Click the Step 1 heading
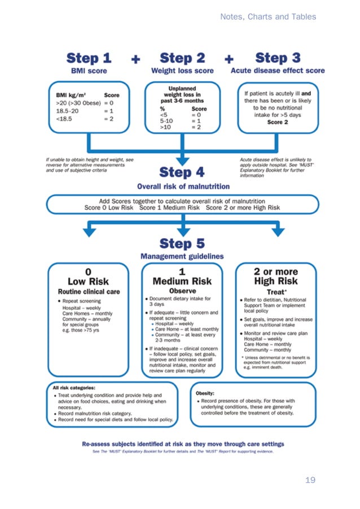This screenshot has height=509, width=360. click(89, 58)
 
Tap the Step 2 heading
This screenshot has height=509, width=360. click(182, 58)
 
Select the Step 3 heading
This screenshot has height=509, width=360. click(278, 58)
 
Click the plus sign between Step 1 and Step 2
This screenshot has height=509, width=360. click(136, 59)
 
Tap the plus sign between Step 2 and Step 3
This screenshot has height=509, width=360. click(230, 59)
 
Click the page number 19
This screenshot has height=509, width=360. click(310, 480)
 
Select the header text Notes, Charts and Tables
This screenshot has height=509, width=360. click(268, 17)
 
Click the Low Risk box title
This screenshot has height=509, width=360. click(88, 281)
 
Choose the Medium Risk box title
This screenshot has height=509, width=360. click(182, 281)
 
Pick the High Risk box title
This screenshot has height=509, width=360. click(276, 281)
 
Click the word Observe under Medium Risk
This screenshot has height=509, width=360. click(182, 291)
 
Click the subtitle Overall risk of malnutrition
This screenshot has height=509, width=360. click(183, 186)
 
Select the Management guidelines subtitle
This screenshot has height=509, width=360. click(182, 257)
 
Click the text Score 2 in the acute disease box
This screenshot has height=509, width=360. click(278, 122)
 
